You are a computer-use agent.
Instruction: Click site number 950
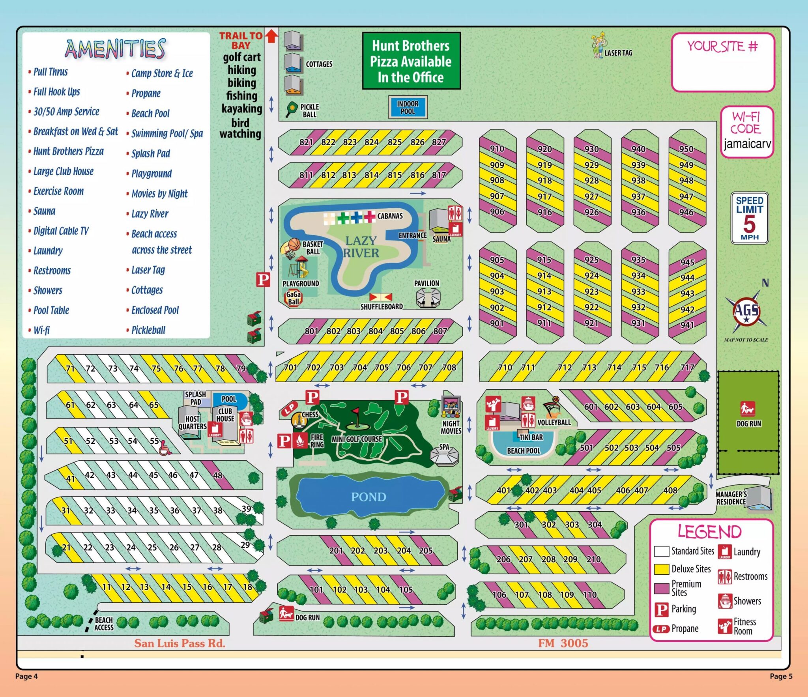point(686,149)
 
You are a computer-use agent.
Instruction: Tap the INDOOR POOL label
point(408,107)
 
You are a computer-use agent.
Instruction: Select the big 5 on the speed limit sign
point(749,224)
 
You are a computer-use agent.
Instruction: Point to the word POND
point(368,497)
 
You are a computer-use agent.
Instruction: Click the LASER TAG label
point(618,53)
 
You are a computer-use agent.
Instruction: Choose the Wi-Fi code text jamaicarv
point(747,144)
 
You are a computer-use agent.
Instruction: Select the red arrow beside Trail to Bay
point(271,36)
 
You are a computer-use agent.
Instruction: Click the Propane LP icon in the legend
point(661,629)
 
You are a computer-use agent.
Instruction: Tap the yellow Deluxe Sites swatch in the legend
point(661,569)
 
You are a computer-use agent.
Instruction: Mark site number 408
point(670,490)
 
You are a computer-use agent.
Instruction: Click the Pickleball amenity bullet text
point(148,330)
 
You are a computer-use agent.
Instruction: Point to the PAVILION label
point(426,283)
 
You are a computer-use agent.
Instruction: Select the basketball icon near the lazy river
point(294,245)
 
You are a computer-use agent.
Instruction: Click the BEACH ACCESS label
point(104,624)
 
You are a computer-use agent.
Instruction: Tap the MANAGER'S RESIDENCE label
point(731,498)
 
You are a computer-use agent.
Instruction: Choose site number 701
point(290,367)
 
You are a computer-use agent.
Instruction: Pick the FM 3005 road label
point(563,643)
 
